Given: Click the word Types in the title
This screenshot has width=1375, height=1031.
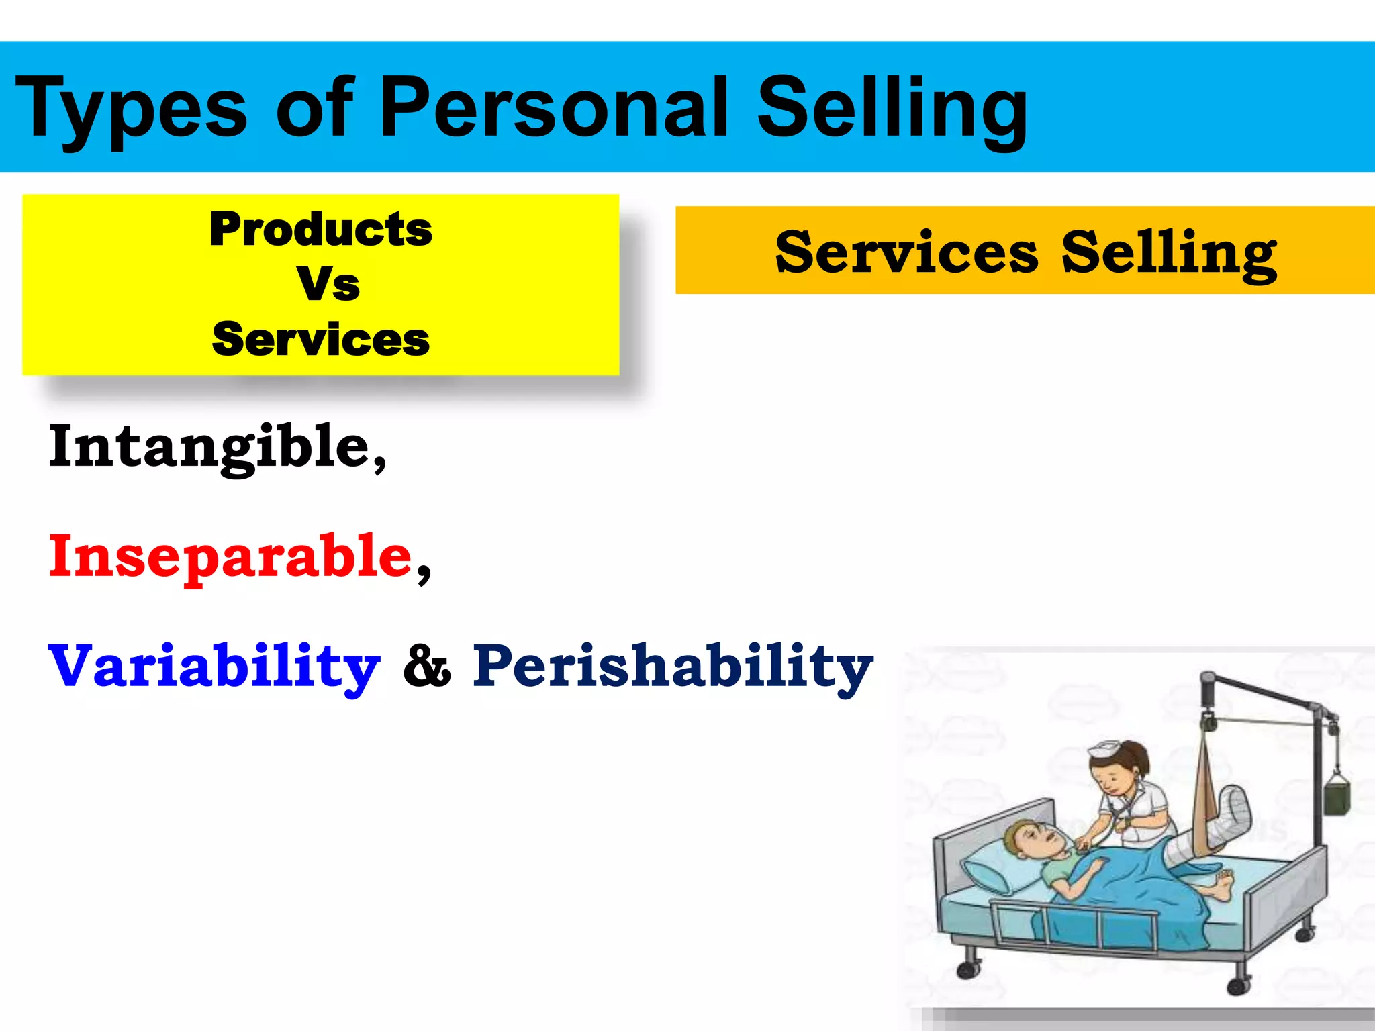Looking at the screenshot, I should coord(132,109).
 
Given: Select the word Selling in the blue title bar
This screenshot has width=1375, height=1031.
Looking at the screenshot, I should coord(892,109).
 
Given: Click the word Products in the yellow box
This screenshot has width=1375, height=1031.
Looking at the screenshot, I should coord(321,230).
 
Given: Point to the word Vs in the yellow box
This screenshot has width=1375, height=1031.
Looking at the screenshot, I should coord(328,284).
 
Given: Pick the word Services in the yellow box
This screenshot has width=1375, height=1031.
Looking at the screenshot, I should coord(321,339).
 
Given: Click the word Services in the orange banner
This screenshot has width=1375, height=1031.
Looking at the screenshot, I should coord(906,252).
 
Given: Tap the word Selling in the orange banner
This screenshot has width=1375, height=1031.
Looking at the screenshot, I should coord(1169,254).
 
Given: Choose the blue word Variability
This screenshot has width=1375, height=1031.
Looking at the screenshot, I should coord(214,667).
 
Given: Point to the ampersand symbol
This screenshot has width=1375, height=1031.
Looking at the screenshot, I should coord(427,667).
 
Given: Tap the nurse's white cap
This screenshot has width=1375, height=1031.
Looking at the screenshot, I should coord(1106,749).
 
